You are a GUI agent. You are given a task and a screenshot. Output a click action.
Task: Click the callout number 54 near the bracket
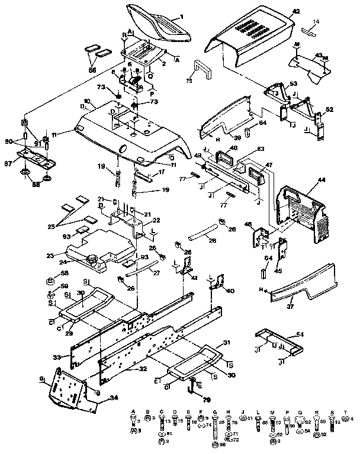300,335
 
